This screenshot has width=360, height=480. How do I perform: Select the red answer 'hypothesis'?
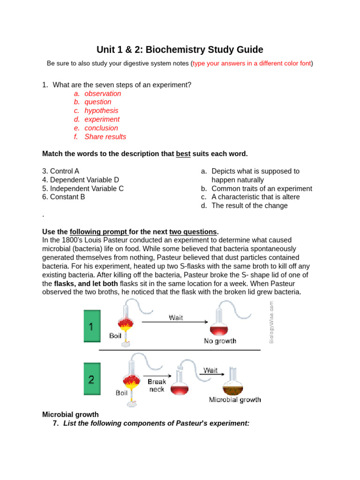point(101,111)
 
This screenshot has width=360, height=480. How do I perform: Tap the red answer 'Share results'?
point(105,137)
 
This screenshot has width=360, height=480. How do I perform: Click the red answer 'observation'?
point(103,93)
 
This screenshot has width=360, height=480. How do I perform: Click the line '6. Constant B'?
point(63,197)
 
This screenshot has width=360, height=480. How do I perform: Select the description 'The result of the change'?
point(249,206)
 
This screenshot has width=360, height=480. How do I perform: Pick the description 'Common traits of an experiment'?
point(262,188)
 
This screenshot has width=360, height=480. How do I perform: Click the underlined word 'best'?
point(183,154)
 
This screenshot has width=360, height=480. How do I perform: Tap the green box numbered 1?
point(92,326)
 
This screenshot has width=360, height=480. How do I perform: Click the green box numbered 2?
point(92,379)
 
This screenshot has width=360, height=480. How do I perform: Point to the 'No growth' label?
point(220,341)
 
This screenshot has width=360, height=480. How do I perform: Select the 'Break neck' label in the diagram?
point(157,385)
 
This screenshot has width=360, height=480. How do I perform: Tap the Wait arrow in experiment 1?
point(175,322)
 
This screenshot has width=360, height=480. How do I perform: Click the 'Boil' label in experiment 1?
point(115,336)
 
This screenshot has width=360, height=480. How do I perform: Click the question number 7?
point(56,423)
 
